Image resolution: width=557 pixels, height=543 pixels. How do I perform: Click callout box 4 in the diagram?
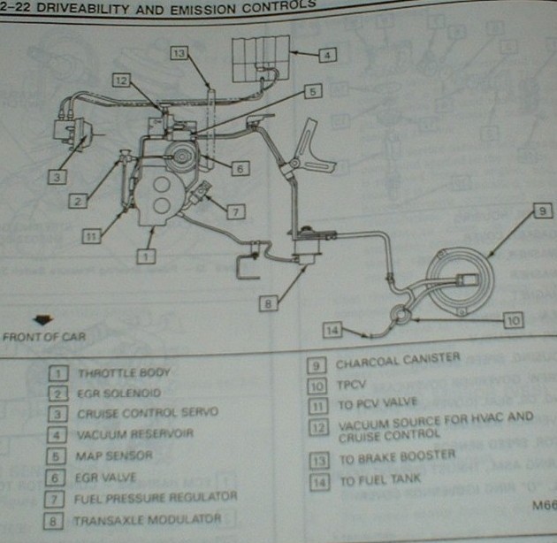[x=327, y=54]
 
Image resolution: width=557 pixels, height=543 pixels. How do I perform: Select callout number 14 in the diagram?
[x=332, y=331]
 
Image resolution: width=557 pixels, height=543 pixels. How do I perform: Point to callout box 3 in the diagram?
[x=55, y=177]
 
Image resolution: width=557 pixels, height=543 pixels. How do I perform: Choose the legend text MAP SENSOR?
[x=115, y=455]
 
